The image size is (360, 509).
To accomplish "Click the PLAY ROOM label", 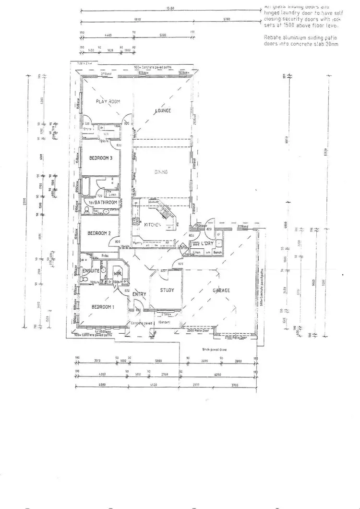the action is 108,101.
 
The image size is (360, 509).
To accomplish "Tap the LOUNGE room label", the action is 163,111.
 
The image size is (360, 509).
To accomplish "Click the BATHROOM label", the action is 106,203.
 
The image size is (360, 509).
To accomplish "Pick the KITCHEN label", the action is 152,225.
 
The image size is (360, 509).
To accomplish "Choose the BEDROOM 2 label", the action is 99,233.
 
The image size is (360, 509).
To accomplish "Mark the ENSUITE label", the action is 91,271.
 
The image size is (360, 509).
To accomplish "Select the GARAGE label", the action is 221,291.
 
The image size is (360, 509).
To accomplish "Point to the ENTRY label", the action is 139,294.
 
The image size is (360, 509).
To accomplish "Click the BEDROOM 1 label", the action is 103,307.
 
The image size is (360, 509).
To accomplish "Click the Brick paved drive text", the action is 214,350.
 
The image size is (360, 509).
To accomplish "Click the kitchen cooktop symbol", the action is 135,222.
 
